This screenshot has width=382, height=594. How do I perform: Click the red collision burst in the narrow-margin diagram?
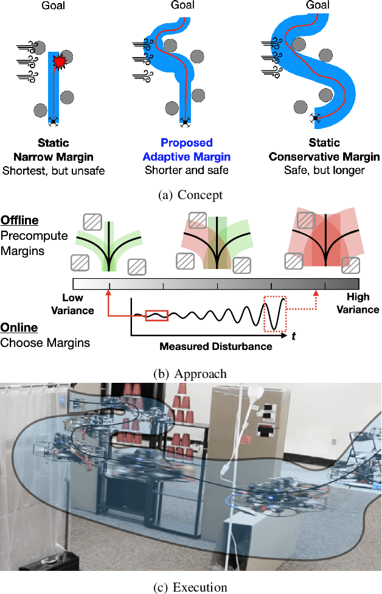click(x=60, y=61)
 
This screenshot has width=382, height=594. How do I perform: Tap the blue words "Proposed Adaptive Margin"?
click(x=186, y=150)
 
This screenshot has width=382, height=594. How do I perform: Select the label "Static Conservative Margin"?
click(x=324, y=150)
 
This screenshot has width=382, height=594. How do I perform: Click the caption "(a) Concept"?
click(x=190, y=195)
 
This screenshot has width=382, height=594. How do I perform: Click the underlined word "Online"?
click(x=18, y=327)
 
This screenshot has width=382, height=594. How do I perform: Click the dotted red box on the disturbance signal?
click(x=274, y=313)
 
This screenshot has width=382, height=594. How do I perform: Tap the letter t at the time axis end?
click(x=294, y=336)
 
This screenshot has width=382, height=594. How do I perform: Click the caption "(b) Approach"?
click(x=191, y=374)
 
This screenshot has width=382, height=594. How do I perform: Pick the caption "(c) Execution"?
click(x=190, y=587)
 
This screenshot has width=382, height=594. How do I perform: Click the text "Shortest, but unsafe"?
click(x=53, y=170)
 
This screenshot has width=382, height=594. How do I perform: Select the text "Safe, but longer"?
click(x=324, y=170)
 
